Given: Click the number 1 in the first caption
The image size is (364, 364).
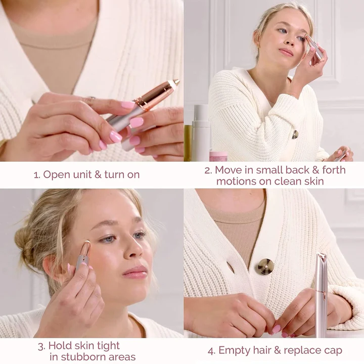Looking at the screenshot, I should tap(36, 175).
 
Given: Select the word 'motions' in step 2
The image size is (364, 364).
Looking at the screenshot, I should tap(236, 181).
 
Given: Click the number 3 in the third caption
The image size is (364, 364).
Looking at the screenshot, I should tap(41, 346).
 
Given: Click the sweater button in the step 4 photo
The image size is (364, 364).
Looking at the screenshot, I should tap(264, 266).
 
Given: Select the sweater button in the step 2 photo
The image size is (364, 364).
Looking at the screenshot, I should tap(295, 134).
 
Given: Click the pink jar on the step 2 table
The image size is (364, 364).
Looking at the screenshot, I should tap(218, 156).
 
